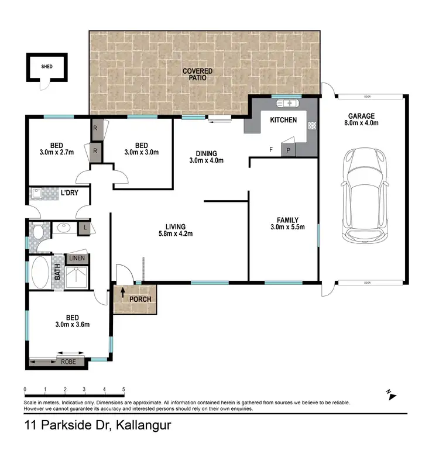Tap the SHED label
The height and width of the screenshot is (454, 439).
click(x=46, y=67)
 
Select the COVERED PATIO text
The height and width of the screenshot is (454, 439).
click(x=197, y=74)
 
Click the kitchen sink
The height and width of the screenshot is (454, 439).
click(x=287, y=104)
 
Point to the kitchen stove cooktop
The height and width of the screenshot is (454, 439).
click(x=313, y=125)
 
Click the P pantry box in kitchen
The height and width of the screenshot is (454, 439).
click(x=289, y=150)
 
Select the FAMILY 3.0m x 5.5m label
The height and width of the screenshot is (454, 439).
click(x=284, y=223)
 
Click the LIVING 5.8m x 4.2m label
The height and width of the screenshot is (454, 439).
click(x=176, y=230)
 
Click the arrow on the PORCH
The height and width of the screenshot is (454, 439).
click(x=123, y=291)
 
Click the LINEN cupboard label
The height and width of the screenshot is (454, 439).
click(x=77, y=258)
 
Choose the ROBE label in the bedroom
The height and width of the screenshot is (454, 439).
click(x=68, y=362)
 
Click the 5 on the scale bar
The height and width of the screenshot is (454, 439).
click(x=124, y=389)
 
